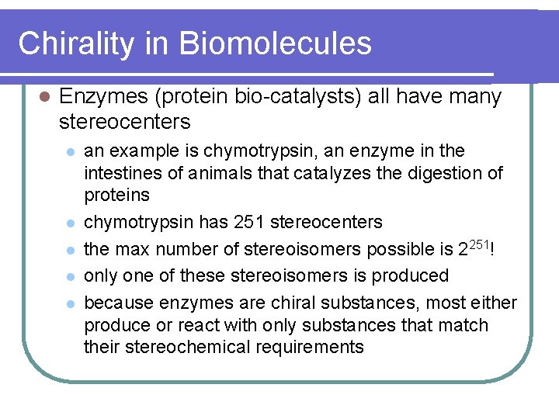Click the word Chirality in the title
[x=75, y=43]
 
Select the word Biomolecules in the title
[x=276, y=43]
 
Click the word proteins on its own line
[x=116, y=194]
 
